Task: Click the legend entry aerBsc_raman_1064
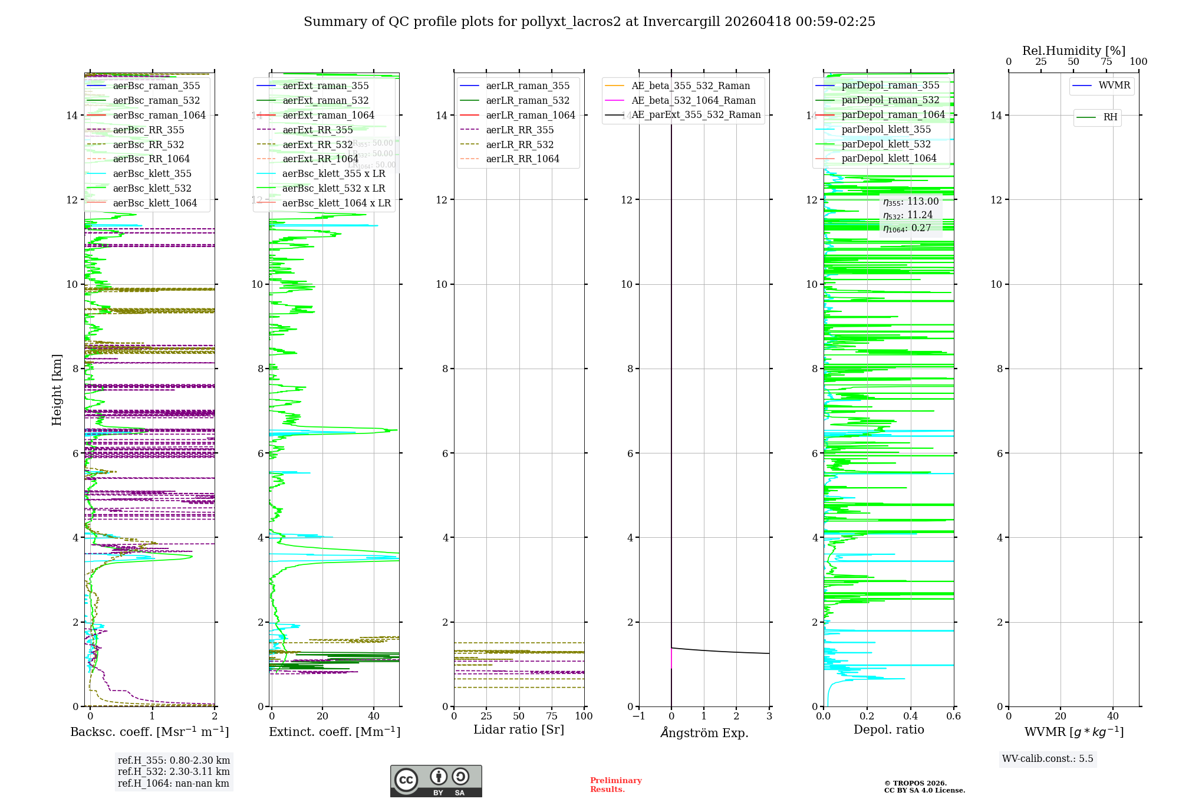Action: tap(159, 115)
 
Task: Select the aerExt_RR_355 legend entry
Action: tap(317, 130)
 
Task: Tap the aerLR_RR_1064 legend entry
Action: tap(522, 159)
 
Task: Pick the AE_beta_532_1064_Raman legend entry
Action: tap(693, 100)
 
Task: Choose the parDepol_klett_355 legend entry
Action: tap(886, 129)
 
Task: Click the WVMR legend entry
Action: tap(1114, 86)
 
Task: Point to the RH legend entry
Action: tap(1110, 117)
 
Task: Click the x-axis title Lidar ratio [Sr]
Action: tap(519, 729)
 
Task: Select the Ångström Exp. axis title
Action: tap(704, 732)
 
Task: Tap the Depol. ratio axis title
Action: tap(888, 729)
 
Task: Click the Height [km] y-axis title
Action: tap(57, 389)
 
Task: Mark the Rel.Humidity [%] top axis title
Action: tap(1073, 51)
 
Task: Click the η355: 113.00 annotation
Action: tap(911, 202)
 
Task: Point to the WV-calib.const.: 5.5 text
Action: tap(1048, 758)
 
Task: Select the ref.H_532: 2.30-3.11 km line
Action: tap(174, 771)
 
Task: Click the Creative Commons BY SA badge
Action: tap(436, 781)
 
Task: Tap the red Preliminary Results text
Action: tap(615, 785)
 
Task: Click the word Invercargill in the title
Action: tap(682, 21)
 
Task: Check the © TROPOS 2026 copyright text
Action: tap(915, 783)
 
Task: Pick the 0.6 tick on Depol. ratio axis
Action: tap(953, 716)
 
